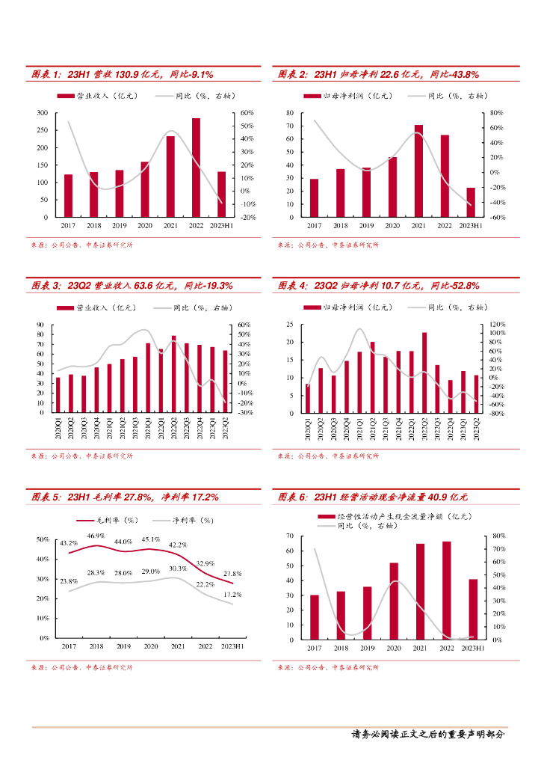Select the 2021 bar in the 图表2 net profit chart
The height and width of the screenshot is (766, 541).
[x=418, y=171]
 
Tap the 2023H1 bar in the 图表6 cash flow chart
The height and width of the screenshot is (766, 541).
[x=473, y=609]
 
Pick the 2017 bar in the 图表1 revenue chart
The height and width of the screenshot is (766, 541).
[x=68, y=195]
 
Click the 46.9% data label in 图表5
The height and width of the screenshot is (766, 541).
[x=95, y=536]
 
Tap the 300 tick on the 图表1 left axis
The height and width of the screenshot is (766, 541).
[x=43, y=113]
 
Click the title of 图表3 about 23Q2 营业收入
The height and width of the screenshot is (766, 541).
[x=132, y=286]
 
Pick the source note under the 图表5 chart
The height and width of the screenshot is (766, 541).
[x=81, y=667]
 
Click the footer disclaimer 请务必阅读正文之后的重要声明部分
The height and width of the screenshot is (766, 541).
[x=427, y=734]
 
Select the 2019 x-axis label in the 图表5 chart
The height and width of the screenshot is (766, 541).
[x=123, y=646]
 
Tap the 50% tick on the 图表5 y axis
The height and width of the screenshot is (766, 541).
[x=43, y=539]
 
